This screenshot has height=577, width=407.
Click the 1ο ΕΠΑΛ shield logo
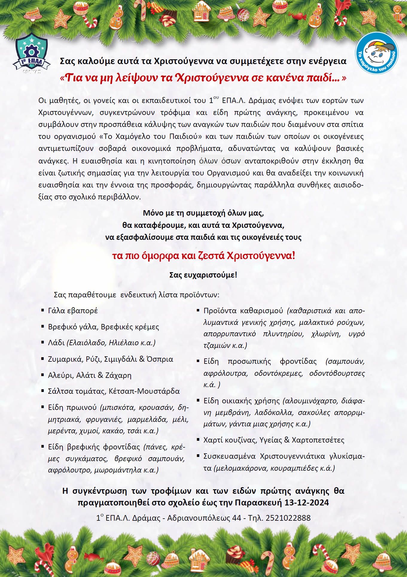(x=31, y=54)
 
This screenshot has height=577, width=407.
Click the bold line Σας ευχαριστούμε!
(x=203, y=275)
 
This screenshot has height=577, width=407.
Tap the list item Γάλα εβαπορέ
(x=73, y=311)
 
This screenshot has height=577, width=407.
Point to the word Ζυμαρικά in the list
(x=63, y=359)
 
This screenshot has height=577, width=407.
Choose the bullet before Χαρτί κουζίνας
(x=198, y=440)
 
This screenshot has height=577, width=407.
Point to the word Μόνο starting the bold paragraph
(x=153, y=213)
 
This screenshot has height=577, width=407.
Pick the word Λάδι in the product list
(x=56, y=343)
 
